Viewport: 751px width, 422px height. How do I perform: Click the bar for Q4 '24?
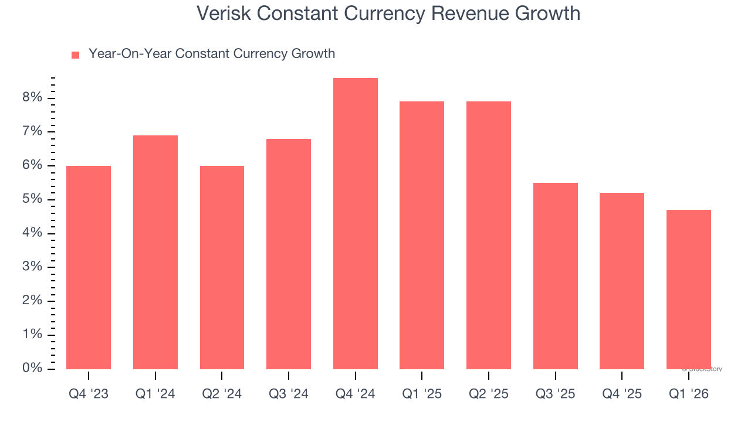tap(355, 223)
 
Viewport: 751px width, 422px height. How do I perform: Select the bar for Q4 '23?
tap(89, 267)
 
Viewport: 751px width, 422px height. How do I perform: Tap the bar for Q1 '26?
tap(688, 289)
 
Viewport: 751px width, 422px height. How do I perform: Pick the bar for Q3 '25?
tap(555, 275)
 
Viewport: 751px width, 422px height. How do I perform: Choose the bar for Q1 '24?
tap(155, 252)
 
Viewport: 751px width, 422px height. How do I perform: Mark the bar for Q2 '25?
tap(488, 235)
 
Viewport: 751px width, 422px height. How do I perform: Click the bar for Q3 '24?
tap(288, 254)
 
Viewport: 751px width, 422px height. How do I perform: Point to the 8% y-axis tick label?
tap(32, 97)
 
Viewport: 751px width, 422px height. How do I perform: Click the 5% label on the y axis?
tap(32, 199)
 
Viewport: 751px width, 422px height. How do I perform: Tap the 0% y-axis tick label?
tap(32, 368)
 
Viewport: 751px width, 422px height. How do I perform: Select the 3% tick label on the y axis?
tap(32, 267)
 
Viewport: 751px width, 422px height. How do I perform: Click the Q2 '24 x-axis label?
tap(222, 394)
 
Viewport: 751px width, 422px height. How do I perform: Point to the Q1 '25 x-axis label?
tap(421, 394)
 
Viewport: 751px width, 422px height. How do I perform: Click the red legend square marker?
tap(75, 55)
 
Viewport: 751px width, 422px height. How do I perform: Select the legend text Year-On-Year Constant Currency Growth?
tap(211, 54)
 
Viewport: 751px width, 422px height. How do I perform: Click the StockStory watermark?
tap(702, 369)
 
